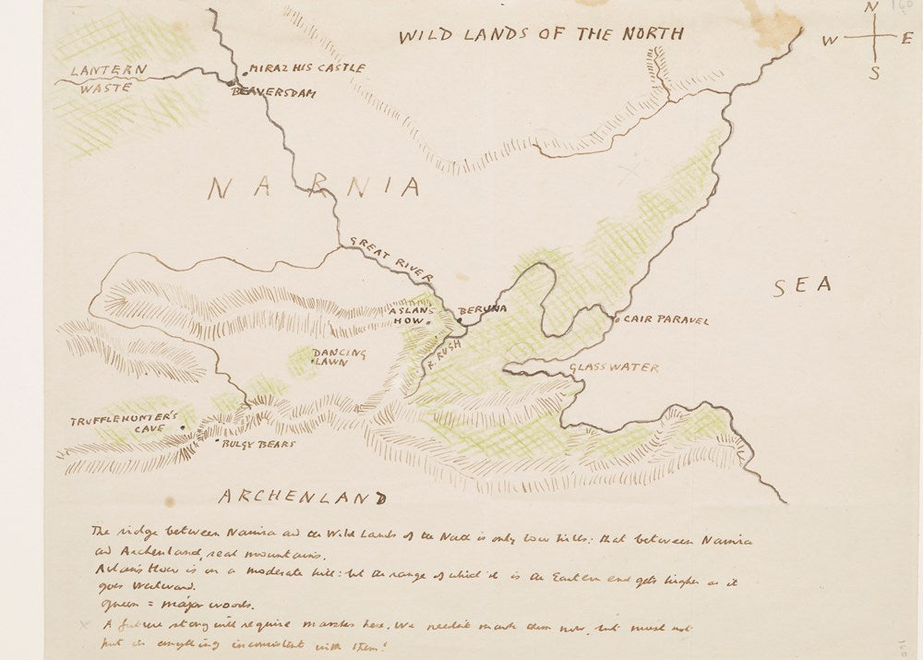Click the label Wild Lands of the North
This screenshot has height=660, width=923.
(x=541, y=34)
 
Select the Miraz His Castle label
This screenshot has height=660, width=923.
(x=306, y=68)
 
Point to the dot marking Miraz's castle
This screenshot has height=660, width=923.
(x=244, y=71)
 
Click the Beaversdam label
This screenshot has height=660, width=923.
(x=275, y=91)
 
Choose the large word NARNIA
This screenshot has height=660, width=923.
(x=314, y=188)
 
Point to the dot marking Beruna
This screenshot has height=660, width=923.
(x=460, y=320)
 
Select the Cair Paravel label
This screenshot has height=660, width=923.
(x=666, y=320)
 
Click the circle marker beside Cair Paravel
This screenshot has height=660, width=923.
(x=617, y=319)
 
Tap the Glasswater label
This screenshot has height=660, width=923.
(x=613, y=367)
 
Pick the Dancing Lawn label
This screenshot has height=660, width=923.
(x=338, y=358)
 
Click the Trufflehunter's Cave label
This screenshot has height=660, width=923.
(x=124, y=426)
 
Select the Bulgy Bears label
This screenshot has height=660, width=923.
(x=258, y=444)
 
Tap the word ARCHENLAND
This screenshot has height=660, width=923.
(x=301, y=498)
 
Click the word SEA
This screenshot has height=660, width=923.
(x=801, y=286)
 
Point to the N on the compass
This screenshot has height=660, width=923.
(x=870, y=9)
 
